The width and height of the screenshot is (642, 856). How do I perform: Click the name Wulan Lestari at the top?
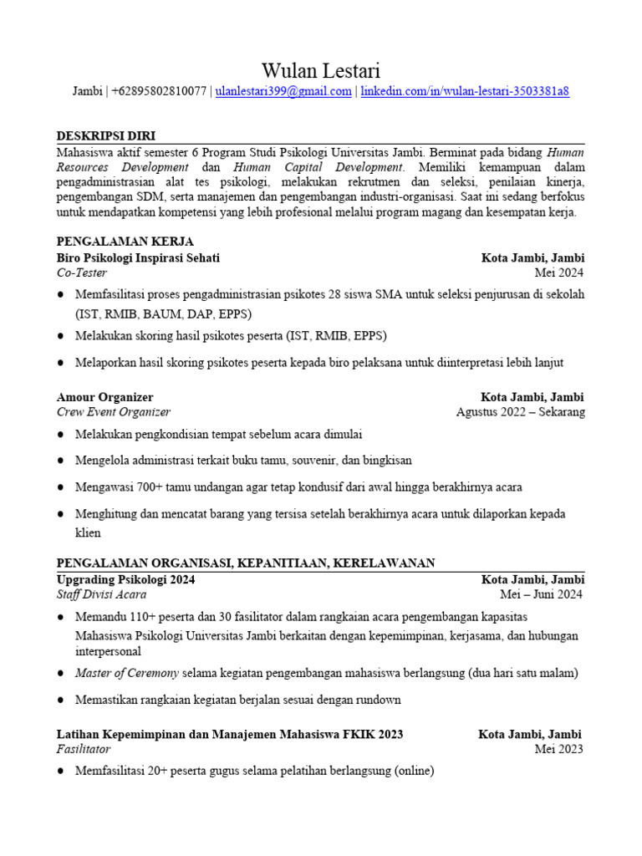321,69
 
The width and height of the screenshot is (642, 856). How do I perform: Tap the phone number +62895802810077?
159,92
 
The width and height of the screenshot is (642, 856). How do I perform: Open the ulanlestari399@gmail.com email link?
283,92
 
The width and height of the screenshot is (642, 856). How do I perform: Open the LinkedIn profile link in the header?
465,92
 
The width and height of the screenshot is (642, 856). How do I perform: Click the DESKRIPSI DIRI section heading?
105,136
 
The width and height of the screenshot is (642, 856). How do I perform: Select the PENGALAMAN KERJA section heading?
125,242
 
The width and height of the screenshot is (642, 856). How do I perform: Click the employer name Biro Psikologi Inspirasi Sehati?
138,257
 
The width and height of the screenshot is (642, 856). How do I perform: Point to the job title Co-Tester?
81,273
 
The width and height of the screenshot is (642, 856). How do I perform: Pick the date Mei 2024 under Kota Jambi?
559,273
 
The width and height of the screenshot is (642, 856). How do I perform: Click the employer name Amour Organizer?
104,397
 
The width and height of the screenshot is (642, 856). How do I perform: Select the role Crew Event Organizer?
114,412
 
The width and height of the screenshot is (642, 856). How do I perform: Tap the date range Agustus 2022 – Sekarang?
521,412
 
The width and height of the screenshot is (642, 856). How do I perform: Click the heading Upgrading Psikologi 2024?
125,579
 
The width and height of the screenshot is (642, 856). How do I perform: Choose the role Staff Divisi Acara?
101,594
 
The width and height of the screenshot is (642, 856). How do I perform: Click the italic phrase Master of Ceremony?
126,672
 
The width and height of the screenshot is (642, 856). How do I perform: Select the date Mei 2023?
559,749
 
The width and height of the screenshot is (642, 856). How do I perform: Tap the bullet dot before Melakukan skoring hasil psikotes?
62,335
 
